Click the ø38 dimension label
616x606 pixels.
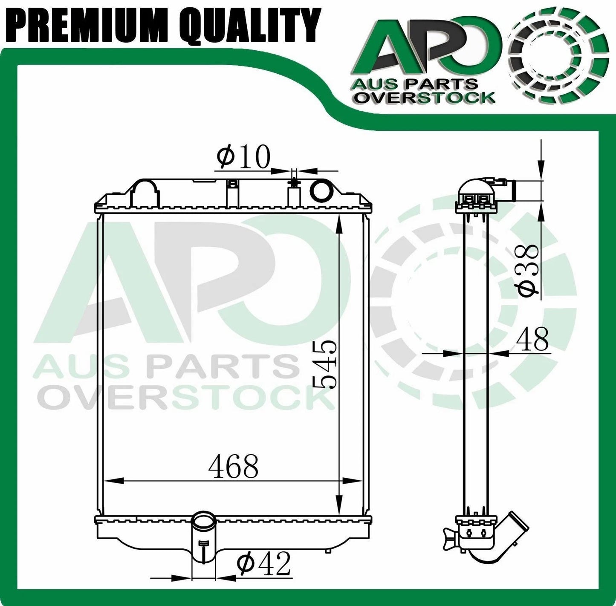(x=528, y=269)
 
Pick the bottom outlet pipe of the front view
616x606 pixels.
(x=203, y=541)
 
